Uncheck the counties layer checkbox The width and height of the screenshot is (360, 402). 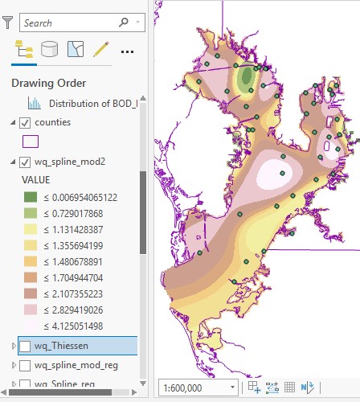[x=25, y=122]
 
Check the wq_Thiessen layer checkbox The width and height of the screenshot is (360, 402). [x=25, y=346]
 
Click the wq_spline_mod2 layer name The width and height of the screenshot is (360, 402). [x=71, y=162]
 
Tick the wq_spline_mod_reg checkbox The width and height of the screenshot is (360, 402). [x=25, y=366]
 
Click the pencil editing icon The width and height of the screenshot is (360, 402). [x=100, y=50]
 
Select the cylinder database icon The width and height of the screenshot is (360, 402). [x=49, y=50]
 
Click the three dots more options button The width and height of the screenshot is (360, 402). [x=127, y=51]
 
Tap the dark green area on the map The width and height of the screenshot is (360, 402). [x=246, y=78]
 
